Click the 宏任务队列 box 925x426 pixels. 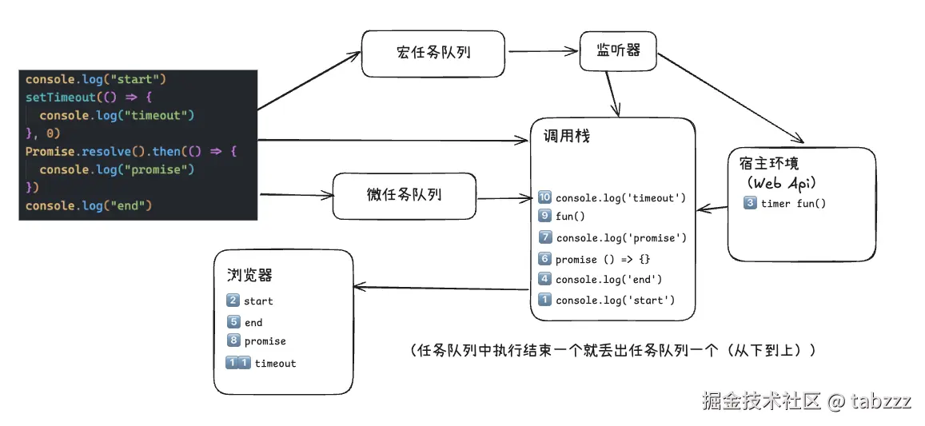click(x=433, y=54)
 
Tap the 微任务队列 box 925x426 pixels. click(x=404, y=196)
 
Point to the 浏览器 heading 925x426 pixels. click(x=249, y=276)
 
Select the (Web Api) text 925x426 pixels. click(x=780, y=183)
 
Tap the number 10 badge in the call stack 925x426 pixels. click(x=545, y=197)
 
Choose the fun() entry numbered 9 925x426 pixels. click(x=570, y=216)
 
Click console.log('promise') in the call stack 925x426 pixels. click(x=621, y=238)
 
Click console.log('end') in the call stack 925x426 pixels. click(x=608, y=280)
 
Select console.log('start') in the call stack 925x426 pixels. click(x=615, y=301)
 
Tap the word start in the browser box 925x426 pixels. click(x=258, y=301)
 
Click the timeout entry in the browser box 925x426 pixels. click(x=275, y=364)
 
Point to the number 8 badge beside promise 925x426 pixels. click(x=233, y=341)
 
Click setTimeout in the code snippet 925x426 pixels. click(x=60, y=98)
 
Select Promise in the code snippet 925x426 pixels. click(x=50, y=151)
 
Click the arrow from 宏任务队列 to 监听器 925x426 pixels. click(x=542, y=52)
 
